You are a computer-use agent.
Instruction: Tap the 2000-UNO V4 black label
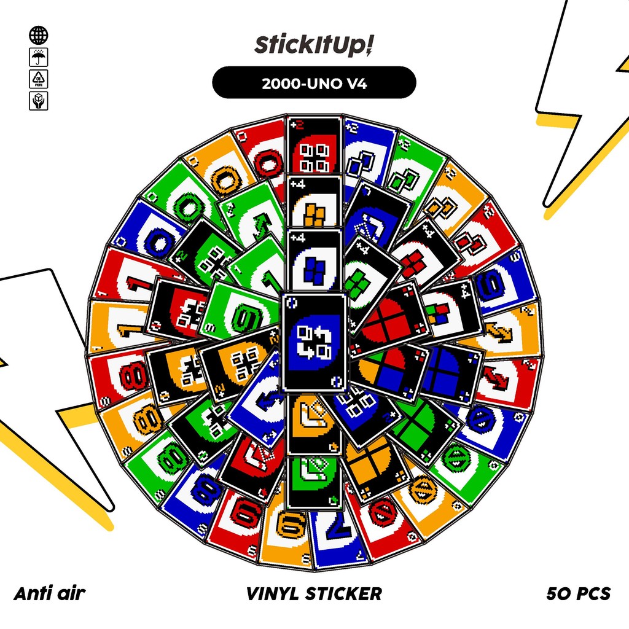point(314,83)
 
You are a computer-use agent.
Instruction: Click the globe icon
point(38,35)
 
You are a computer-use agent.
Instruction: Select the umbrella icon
point(38,58)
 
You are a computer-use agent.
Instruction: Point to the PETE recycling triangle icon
point(38,79)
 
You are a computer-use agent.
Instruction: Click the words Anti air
point(49,593)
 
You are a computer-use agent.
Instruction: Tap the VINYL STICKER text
point(314,593)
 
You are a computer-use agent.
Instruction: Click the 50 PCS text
point(578,593)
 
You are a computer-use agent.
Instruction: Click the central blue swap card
point(314,342)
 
